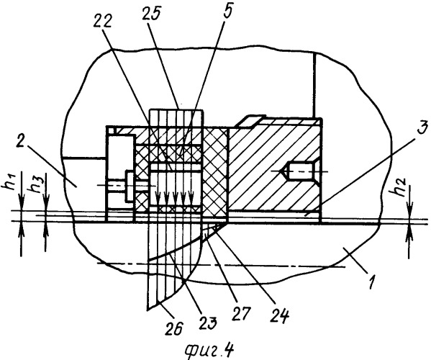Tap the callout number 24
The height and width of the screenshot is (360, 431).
pos(280,317)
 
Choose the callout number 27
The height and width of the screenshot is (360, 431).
pos(241,314)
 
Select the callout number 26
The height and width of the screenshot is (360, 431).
pos(173,328)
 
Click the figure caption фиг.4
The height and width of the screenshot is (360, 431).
pos(209,350)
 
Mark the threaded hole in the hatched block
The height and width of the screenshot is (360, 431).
pos(299,171)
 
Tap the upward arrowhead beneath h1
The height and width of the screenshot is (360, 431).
pos(21,230)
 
